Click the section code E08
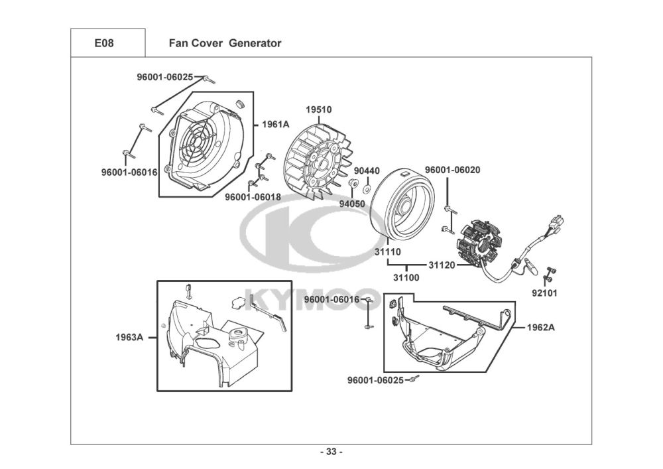point(104,44)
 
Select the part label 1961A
point(276,124)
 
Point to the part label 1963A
point(131,336)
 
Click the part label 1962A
point(542,328)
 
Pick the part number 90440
point(367,170)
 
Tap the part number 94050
point(352,204)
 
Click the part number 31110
point(387,251)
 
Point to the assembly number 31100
point(406,277)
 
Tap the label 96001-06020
point(452,170)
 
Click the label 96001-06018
point(253,196)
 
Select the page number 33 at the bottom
point(331,452)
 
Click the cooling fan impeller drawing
point(317,159)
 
